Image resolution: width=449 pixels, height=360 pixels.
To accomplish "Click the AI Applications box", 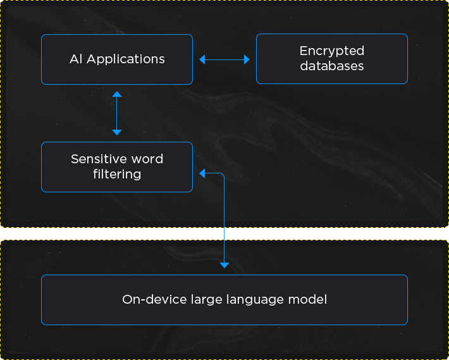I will coord(116,59).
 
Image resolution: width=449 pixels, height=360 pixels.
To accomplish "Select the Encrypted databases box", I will coord(331,59).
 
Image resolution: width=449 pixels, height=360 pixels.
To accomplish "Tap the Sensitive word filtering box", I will coord(116,167).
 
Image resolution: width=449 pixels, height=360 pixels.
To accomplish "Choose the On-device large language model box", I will coord(224,300).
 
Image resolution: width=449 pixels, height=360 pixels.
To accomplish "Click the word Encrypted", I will coord(332,51).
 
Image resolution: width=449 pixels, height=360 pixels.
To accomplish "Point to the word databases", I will coord(332,66).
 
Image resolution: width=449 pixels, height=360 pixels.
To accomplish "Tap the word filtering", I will coord(117,174).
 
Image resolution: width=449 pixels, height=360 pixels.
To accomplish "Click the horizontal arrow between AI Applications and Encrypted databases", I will coord(225,59).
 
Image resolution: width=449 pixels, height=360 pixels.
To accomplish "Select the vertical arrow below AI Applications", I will coord(116,113).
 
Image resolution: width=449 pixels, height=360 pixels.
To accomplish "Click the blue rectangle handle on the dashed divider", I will coord(214,233).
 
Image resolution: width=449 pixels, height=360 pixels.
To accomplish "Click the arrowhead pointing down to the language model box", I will coord(224,264).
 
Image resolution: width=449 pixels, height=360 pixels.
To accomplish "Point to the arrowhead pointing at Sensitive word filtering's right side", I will coord(202,173).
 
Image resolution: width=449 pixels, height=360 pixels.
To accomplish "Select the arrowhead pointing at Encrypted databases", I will coord(247,59).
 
